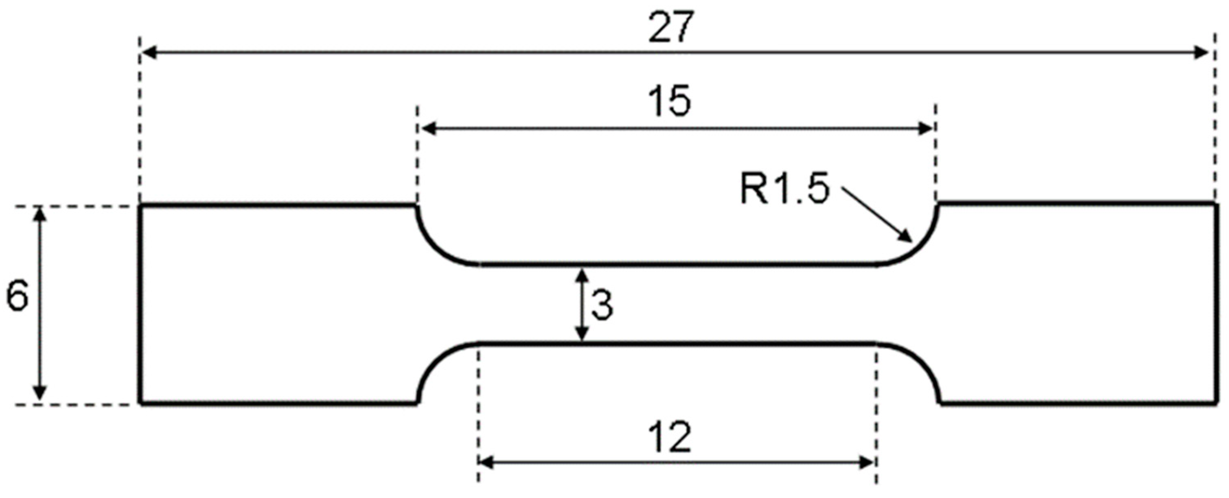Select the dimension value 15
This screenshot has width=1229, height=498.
pyautogui.click(x=671, y=102)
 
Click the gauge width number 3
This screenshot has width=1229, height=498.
pyautogui.click(x=602, y=305)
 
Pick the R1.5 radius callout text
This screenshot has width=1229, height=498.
pyautogui.click(x=784, y=189)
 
